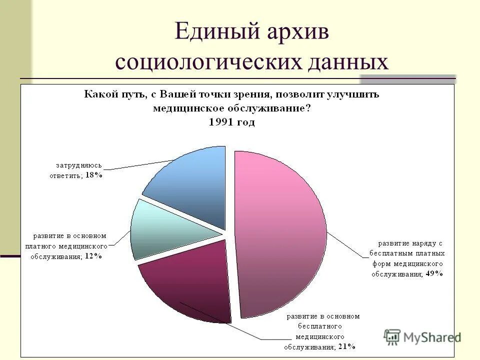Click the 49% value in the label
[434, 273]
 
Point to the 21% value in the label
[347, 346]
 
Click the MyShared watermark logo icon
[393, 337]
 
